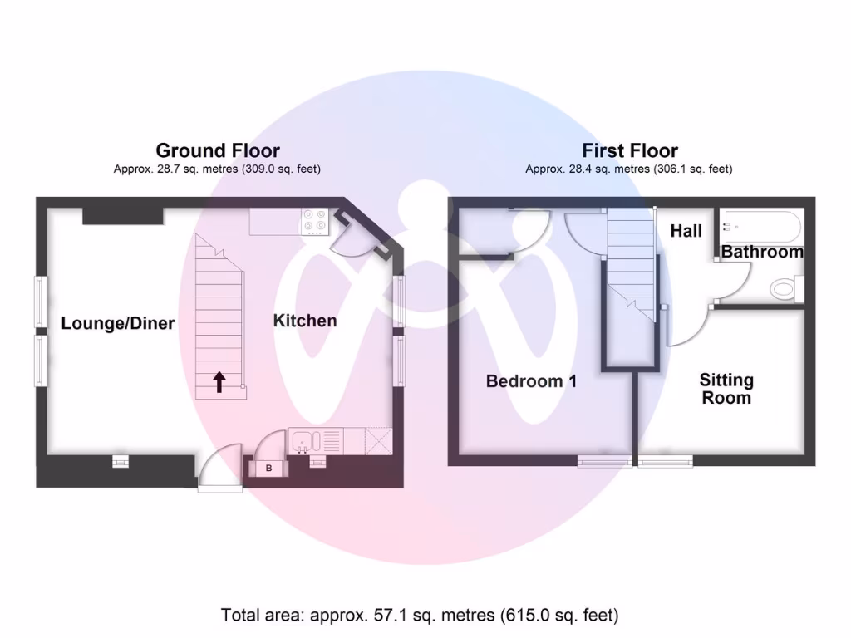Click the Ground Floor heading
pyautogui.click(x=218, y=150)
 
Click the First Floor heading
pyautogui.click(x=629, y=150)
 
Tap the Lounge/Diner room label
pyautogui.click(x=118, y=323)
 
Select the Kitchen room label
pyautogui.click(x=305, y=321)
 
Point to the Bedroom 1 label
pyautogui.click(x=531, y=381)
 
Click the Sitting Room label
pyautogui.click(x=726, y=389)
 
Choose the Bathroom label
pyautogui.click(x=762, y=252)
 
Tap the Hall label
pyautogui.click(x=686, y=231)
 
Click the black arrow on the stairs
pyautogui.click(x=219, y=382)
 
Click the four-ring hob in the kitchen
pyautogui.click(x=315, y=221)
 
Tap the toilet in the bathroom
pyautogui.click(x=784, y=289)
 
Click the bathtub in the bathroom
pyautogui.click(x=761, y=223)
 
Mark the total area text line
pyautogui.click(x=420, y=616)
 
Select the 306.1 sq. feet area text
pyautogui.click(x=692, y=169)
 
